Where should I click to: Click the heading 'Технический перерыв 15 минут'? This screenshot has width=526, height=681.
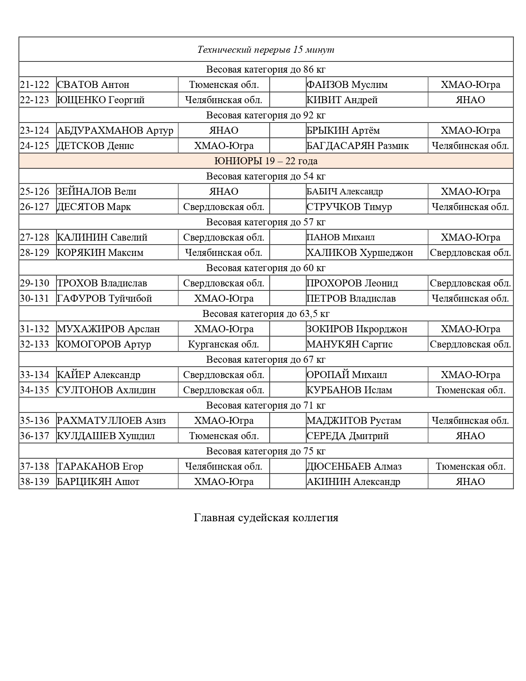[266, 50]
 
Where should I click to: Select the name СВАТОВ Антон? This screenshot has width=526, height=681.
[93, 85]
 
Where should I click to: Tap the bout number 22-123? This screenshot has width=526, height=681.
[35, 100]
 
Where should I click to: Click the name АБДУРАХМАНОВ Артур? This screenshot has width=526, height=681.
[115, 130]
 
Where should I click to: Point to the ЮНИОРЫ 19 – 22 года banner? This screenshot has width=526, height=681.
[266, 161]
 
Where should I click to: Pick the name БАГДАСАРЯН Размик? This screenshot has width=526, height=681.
[358, 146]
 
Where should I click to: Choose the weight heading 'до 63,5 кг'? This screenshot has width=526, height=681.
[266, 314]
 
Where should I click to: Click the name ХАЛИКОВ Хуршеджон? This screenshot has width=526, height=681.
[360, 253]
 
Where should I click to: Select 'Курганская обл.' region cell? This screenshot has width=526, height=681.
[224, 344]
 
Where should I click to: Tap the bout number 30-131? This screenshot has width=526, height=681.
[35, 298]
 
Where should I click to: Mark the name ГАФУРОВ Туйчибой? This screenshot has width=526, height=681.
[104, 298]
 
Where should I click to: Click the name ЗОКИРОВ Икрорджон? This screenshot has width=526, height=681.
[357, 329]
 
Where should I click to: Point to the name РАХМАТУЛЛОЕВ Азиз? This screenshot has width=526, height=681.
[111, 421]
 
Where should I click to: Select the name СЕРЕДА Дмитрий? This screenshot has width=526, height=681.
[347, 436]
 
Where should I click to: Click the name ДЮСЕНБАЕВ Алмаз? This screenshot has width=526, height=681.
[354, 466]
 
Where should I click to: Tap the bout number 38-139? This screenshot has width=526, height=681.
[35, 482]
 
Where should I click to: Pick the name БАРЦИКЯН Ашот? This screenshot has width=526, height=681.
[98, 482]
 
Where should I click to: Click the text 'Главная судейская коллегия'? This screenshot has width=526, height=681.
[266, 518]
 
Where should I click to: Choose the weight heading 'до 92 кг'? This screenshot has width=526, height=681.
[266, 115]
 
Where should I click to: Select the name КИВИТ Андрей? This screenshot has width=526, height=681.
[342, 100]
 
